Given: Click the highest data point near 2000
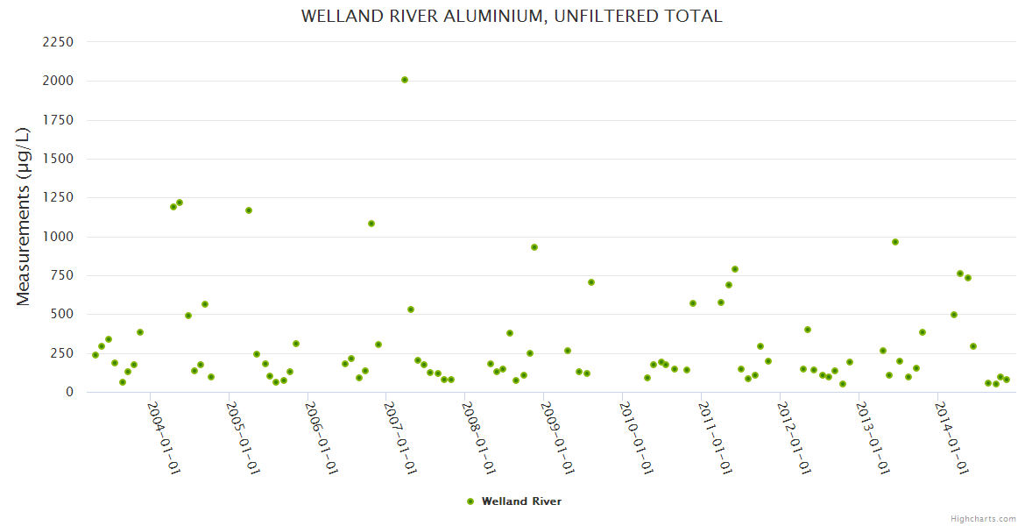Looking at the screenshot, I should point(405,80).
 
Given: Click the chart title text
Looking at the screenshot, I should point(512,17).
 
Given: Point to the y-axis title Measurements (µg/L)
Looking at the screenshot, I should point(24,217).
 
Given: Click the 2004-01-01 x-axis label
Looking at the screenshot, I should point(163,437).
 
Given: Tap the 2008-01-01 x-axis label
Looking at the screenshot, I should point(478,437).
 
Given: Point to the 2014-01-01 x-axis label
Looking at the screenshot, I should point(951,437).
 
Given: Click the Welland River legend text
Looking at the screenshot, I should point(521,501).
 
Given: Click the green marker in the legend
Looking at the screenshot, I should point(470,501).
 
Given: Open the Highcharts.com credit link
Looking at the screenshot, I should point(983,518).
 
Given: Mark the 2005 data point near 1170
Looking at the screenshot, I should point(249,210).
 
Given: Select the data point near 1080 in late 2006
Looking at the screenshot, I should point(371,224).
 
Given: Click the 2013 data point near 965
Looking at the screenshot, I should point(895,242).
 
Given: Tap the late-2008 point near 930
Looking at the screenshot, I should point(534,247).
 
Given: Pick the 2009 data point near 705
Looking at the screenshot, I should point(591,282).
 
